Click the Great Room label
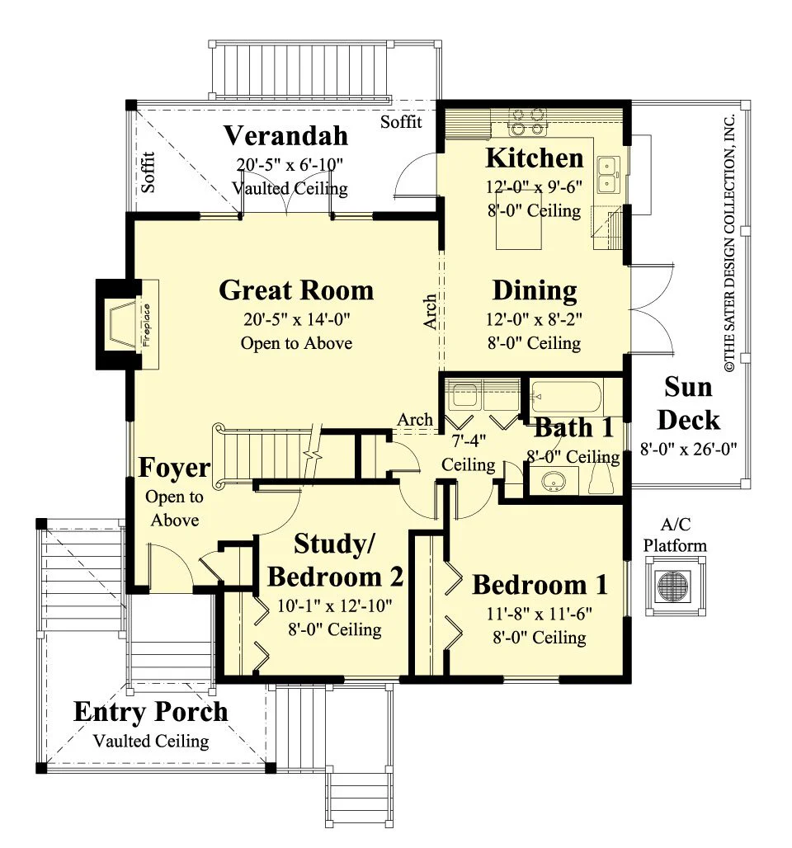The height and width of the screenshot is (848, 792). pyautogui.click(x=296, y=290)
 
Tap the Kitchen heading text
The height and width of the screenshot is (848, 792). pyautogui.click(x=535, y=158)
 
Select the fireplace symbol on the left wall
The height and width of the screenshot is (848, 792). pyautogui.click(x=127, y=324)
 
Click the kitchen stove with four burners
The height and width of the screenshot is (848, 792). pyautogui.click(x=527, y=122)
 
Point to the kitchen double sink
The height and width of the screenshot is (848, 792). pyautogui.click(x=609, y=175)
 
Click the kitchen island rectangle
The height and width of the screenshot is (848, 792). pyautogui.click(x=519, y=227)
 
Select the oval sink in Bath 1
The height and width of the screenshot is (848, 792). pyautogui.click(x=553, y=481)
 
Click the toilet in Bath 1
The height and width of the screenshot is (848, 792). pyautogui.click(x=601, y=478)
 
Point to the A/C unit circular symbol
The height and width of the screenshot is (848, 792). pyautogui.click(x=673, y=586)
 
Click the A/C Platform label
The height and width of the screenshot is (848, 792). pyautogui.click(x=675, y=535)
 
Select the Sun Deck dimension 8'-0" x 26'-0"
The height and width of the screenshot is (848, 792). pyautogui.click(x=689, y=449)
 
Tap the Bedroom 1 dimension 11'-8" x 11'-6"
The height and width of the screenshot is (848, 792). pyautogui.click(x=540, y=614)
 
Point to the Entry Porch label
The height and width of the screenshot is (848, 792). pyautogui.click(x=151, y=712)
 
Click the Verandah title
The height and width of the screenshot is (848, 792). pyautogui.click(x=285, y=135)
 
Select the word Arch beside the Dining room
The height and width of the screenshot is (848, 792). pyautogui.click(x=430, y=312)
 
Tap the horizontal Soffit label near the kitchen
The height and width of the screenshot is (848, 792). pyautogui.click(x=401, y=122)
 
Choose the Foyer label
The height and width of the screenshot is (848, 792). pyautogui.click(x=174, y=468)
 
